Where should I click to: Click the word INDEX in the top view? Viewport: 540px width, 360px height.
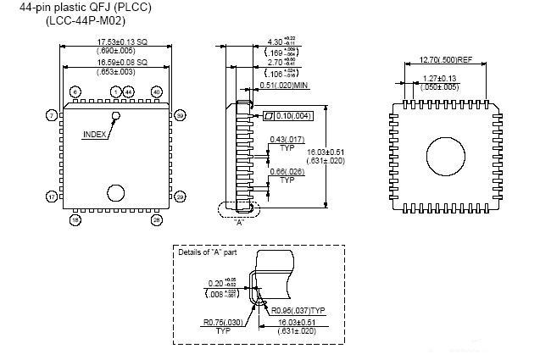coord(95,135)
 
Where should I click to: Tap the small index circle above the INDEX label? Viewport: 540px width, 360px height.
coord(115,114)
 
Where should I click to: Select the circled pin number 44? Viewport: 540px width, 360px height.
coord(129,91)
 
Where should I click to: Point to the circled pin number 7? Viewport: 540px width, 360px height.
coord(52,114)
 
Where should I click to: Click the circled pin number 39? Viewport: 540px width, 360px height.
coord(180,114)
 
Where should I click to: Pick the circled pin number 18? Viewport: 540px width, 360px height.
coord(75,219)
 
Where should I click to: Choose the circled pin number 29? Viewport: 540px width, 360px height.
coord(180,197)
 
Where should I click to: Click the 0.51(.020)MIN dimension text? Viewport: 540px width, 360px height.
coord(285,85)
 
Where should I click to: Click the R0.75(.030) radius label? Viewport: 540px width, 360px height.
coord(223,322)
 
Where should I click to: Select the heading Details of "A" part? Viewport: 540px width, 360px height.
coord(209,252)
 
